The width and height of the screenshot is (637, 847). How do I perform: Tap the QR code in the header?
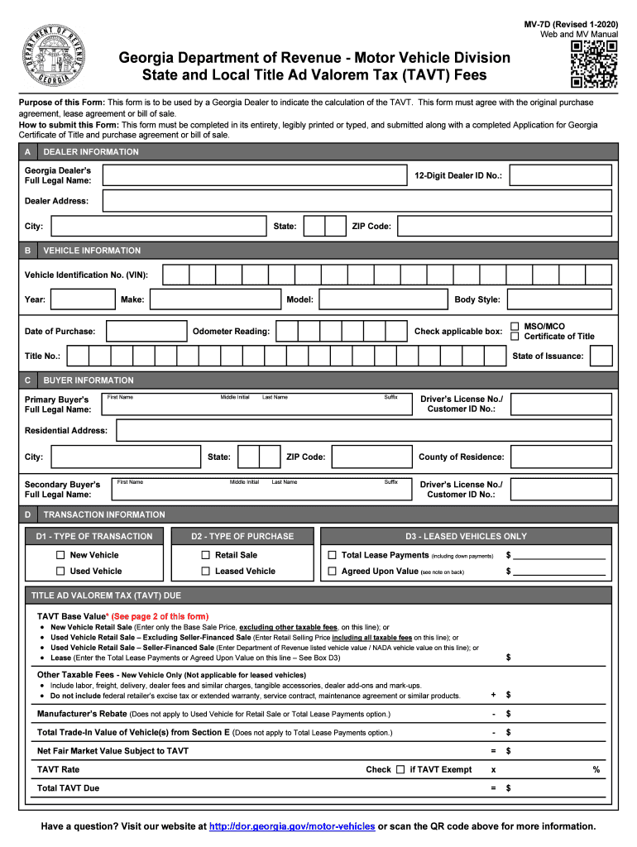(x=594, y=65)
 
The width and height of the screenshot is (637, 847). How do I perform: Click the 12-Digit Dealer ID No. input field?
(x=561, y=176)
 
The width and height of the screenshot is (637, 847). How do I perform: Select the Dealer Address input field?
(x=357, y=201)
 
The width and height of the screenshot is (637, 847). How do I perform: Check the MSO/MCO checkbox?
(x=515, y=326)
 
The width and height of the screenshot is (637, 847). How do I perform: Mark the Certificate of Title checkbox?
(x=515, y=337)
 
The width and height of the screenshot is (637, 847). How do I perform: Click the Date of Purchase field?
(x=146, y=332)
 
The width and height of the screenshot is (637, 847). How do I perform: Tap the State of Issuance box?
(x=601, y=357)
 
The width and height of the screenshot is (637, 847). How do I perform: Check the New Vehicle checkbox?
(x=60, y=555)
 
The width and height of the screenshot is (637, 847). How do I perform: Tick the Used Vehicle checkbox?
(x=60, y=572)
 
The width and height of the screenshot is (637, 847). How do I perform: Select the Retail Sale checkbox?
(x=205, y=555)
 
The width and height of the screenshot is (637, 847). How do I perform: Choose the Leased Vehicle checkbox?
(x=205, y=572)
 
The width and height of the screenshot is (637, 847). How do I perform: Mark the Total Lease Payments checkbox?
(x=332, y=556)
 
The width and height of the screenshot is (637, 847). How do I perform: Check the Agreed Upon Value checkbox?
(x=332, y=572)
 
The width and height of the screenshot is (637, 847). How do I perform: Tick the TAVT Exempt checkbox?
(x=400, y=769)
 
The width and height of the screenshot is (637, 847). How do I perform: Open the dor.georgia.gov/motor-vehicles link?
(x=292, y=826)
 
